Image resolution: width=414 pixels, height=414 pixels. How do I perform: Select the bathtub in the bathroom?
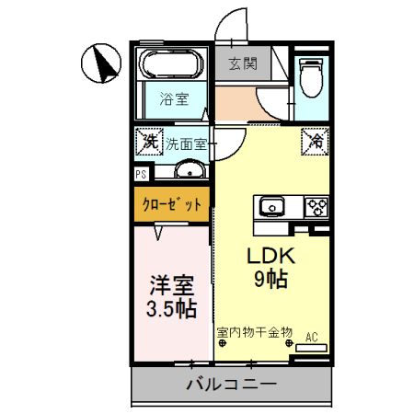click(174, 66)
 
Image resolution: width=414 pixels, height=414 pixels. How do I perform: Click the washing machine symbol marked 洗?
click(147, 144)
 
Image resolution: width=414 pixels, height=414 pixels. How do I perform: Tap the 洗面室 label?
click(187, 144)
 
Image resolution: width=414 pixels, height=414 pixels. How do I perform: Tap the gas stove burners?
click(316, 208)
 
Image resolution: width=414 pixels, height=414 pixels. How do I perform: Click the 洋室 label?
click(172, 282)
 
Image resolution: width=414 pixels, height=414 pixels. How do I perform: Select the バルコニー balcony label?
click(231, 385)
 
